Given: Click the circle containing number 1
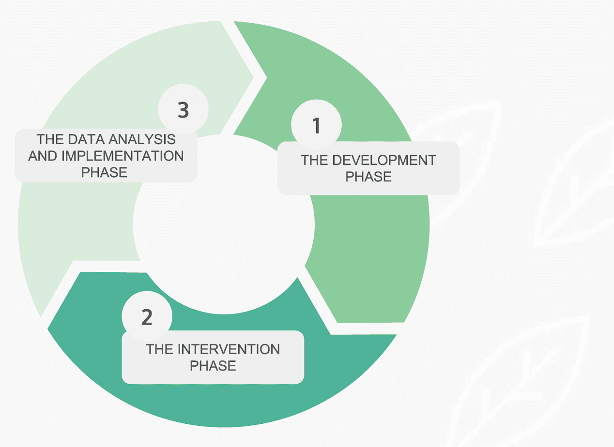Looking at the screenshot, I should coord(316,125).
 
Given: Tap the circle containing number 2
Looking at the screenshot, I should coord(147,317).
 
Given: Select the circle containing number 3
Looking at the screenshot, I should coord(183,110).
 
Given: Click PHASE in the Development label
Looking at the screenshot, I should coord(368,177).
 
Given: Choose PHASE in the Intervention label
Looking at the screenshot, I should coord(213,365).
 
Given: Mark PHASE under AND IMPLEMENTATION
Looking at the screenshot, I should coord(104,172).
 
